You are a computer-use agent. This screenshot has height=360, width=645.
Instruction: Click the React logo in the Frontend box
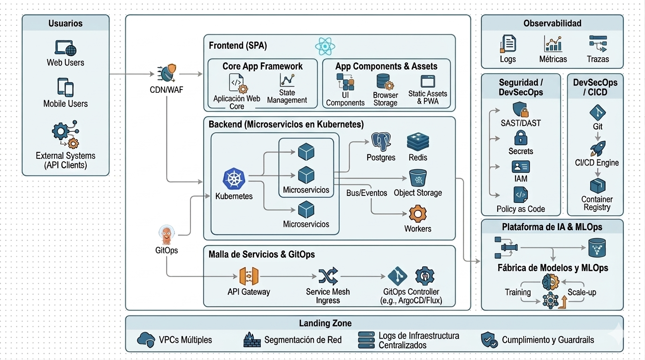[x=325, y=46]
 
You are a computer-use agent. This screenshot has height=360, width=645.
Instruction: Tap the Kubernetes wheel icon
[x=234, y=179]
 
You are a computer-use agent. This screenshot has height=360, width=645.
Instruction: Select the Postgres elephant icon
[x=381, y=142]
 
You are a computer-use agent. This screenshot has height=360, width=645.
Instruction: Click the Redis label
[x=417, y=157]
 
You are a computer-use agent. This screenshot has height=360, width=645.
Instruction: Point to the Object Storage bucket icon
[x=417, y=178]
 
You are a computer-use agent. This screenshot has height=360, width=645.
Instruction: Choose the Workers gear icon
[x=417, y=214]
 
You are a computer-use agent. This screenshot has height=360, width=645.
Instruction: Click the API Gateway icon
[x=249, y=277]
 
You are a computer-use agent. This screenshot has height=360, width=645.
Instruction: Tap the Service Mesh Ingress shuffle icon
[x=328, y=277]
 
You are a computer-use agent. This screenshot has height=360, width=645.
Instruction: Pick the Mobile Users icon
[x=65, y=87]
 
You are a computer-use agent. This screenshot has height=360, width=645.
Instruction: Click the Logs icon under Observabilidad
[x=508, y=44]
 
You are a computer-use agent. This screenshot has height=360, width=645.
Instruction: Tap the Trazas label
[x=598, y=59]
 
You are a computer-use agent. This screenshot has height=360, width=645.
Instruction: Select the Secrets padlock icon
[x=521, y=138]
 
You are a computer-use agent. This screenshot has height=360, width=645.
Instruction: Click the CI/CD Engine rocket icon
[x=597, y=149]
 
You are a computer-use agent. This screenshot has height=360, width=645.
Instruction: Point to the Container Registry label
[x=597, y=203]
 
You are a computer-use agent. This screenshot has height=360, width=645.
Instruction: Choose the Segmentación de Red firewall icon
[x=252, y=339]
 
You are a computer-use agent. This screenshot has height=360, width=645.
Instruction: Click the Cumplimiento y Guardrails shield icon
[x=489, y=339]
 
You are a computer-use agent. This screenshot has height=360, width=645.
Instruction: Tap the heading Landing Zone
[x=325, y=323]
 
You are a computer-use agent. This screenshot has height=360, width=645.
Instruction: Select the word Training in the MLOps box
[x=517, y=292]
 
